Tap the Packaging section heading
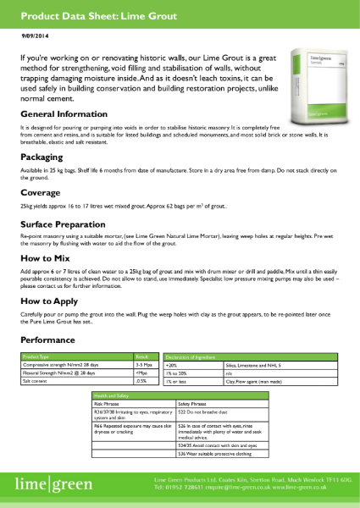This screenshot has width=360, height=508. click(x=42, y=157)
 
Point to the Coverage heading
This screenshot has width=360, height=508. click(x=40, y=192)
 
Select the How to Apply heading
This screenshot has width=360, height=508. click(x=50, y=301)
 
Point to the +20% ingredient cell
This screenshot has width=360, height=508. click(x=174, y=365)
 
